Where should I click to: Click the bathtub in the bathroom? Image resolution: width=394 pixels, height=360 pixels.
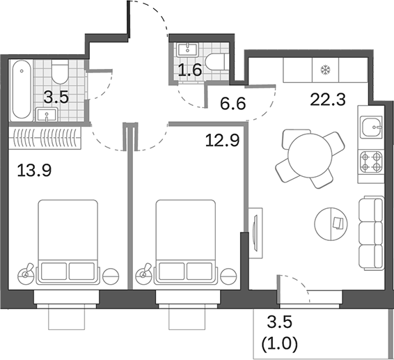click(x=20, y=90)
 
